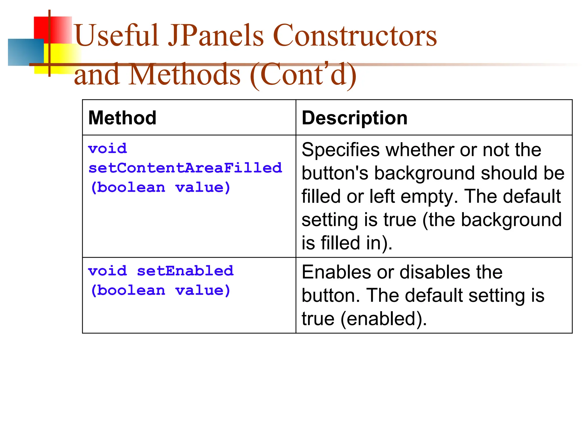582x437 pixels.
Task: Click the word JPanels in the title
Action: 216,36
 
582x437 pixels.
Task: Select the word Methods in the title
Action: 185,75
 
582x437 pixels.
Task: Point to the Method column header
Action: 122,118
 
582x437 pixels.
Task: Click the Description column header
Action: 354,118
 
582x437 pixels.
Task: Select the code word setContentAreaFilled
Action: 185,168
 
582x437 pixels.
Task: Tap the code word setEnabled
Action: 185,271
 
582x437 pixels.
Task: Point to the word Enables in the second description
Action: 336,272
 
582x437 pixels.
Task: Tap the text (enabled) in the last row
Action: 384,319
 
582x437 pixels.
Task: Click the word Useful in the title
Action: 117,36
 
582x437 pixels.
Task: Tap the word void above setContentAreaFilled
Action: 107,149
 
